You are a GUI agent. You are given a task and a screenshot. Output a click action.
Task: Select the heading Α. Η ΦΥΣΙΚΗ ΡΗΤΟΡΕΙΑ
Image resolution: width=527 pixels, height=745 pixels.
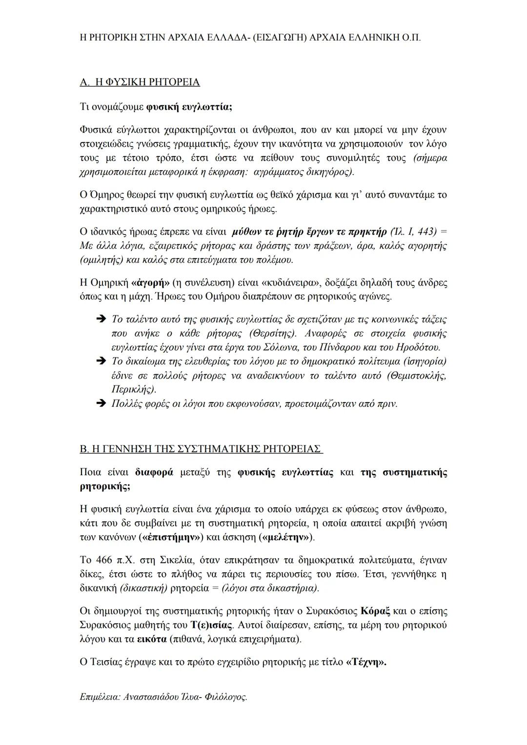[140, 82]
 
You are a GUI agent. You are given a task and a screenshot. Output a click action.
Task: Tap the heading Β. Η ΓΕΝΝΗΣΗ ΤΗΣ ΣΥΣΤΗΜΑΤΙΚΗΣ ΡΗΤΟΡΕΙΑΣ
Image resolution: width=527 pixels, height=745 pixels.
[201, 449]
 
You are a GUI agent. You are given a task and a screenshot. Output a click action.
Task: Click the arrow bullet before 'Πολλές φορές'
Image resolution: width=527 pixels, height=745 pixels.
[101, 404]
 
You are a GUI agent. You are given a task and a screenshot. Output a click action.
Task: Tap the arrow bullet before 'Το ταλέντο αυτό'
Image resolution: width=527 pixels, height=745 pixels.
[101, 320]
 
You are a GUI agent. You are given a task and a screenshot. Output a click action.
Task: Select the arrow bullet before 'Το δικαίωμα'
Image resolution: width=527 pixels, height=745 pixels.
[101, 362]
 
